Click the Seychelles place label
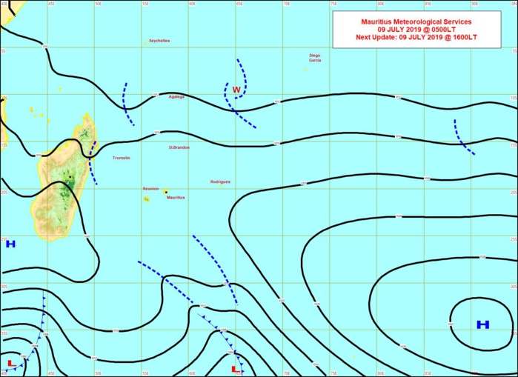pyautogui.click(x=159, y=41)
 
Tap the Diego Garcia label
pyautogui.click(x=315, y=58)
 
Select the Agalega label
pyautogui.click(x=176, y=96)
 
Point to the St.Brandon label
pyautogui.click(x=179, y=147)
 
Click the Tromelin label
pyautogui.click(x=121, y=158)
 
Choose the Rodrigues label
pyautogui.click(x=221, y=181)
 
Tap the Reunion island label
pyautogui.click(x=150, y=189)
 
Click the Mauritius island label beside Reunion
pyautogui.click(x=176, y=198)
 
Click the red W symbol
pyautogui.click(x=236, y=90)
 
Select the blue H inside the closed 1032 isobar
pyautogui.click(x=483, y=324)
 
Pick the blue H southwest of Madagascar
pyautogui.click(x=10, y=244)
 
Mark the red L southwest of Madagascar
pyautogui.click(x=10, y=363)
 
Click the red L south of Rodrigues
pyautogui.click(x=235, y=368)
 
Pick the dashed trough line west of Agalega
pyautogui.click(x=127, y=104)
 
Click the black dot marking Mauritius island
pyautogui.click(x=166, y=192)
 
